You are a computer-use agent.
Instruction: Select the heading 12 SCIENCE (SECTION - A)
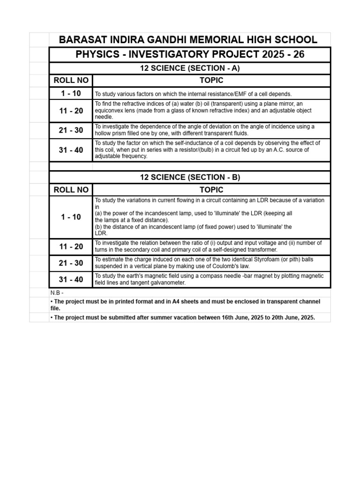click(x=190, y=68)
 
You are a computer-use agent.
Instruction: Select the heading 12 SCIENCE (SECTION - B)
click(x=190, y=177)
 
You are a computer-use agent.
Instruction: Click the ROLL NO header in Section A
click(x=71, y=80)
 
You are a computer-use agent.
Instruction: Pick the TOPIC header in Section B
click(x=211, y=189)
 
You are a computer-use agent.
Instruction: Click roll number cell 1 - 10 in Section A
click(x=71, y=93)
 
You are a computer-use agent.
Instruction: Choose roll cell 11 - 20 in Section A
click(x=71, y=111)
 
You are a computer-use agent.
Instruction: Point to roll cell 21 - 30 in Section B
click(x=71, y=263)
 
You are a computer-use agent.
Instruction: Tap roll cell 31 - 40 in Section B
click(x=71, y=279)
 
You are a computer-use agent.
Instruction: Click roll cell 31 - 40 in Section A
click(x=71, y=150)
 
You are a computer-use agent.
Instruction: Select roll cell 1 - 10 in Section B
click(x=71, y=217)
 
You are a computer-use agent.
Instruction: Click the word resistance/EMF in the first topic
click(x=213, y=94)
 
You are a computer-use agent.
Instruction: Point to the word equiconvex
click(x=109, y=111)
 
